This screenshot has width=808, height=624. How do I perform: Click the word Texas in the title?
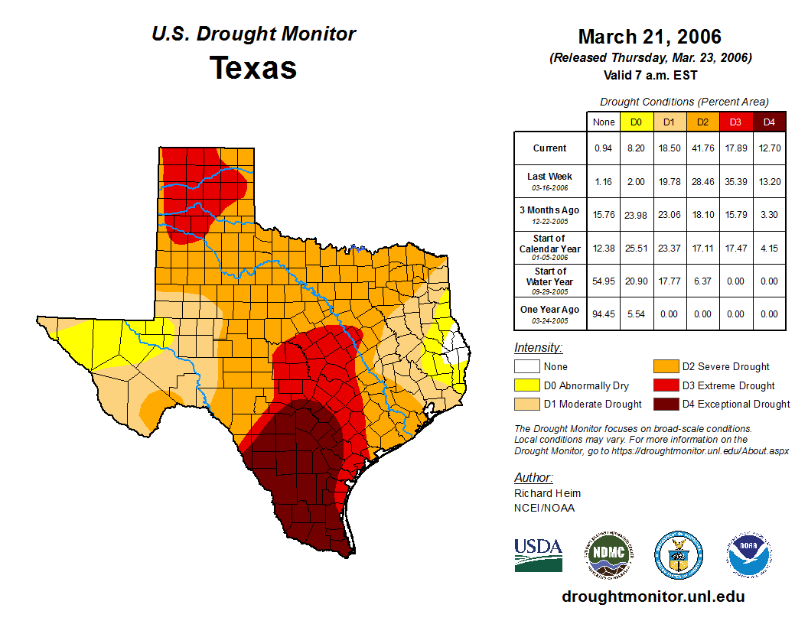[253, 68]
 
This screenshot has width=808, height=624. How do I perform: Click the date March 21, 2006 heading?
[650, 37]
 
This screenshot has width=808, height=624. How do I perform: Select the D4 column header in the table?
[769, 122]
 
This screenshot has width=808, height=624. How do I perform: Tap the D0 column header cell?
[636, 122]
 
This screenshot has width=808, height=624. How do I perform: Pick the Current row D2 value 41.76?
[702, 148]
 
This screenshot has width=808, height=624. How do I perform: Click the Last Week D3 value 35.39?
[735, 181]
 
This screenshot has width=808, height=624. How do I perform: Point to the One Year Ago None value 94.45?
[604, 314]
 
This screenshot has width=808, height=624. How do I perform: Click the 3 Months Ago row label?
[550, 214]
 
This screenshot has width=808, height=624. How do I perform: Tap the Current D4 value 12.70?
[769, 148]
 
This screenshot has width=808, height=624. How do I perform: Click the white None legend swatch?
[526, 367]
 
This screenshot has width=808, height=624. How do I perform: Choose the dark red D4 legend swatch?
[665, 405]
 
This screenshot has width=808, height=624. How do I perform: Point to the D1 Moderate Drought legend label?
[591, 405]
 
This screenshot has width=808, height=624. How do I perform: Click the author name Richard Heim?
[547, 493]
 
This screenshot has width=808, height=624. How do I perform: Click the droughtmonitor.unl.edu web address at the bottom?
[653, 596]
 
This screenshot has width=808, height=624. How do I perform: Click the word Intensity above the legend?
[538, 348]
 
